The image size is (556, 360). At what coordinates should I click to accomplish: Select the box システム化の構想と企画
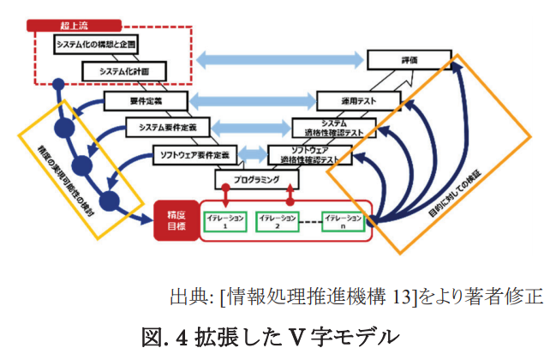pos(95,43)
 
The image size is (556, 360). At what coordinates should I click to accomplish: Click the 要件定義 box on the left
pos(140,99)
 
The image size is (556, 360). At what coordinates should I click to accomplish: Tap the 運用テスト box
pos(359,100)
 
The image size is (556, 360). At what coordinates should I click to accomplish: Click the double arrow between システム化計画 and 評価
pos(280,60)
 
